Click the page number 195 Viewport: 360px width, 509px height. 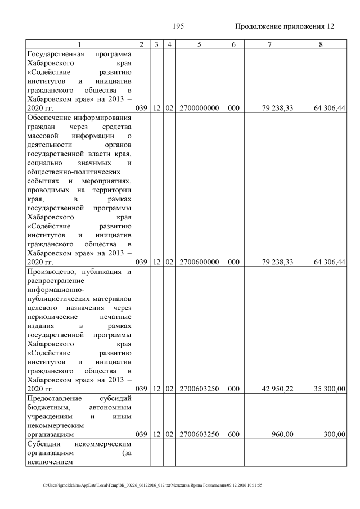(x=178, y=26)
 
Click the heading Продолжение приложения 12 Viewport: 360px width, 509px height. (x=284, y=26)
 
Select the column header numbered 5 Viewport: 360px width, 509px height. (x=199, y=44)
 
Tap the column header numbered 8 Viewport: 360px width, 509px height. (x=320, y=44)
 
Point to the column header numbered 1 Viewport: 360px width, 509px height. (x=79, y=44)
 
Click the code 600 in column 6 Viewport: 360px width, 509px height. (x=230, y=434)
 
